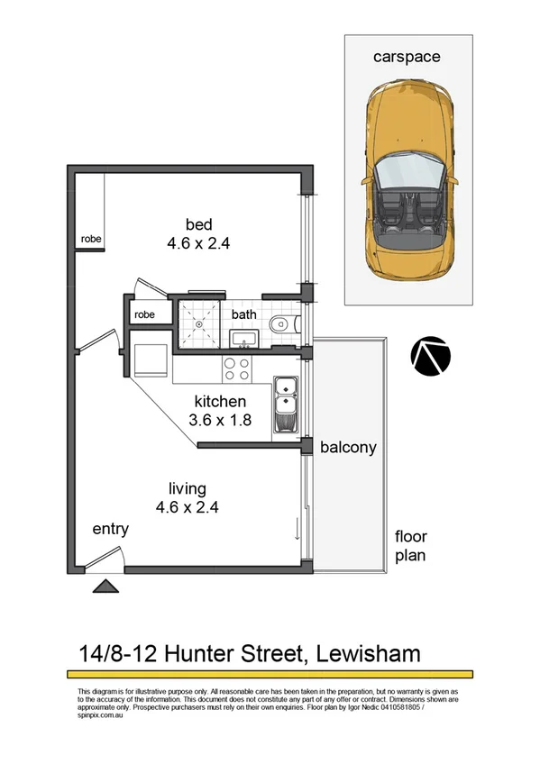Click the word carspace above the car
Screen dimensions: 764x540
pyautogui.click(x=407, y=57)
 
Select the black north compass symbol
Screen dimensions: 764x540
pyautogui.click(x=429, y=356)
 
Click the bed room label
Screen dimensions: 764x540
pyautogui.click(x=198, y=224)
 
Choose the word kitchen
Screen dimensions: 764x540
pyautogui.click(x=222, y=401)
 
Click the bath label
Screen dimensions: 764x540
pyautogui.click(x=243, y=314)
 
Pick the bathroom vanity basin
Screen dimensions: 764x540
pyautogui.click(x=243, y=339)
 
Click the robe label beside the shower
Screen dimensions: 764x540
pyautogui.click(x=145, y=315)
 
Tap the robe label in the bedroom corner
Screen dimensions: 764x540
pyautogui.click(x=90, y=240)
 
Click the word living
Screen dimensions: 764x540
pyautogui.click(x=187, y=489)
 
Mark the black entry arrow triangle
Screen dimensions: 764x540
pyautogui.click(x=105, y=587)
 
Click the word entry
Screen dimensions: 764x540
pyautogui.click(x=110, y=530)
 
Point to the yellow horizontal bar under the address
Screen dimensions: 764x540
pyautogui.click(x=270, y=674)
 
